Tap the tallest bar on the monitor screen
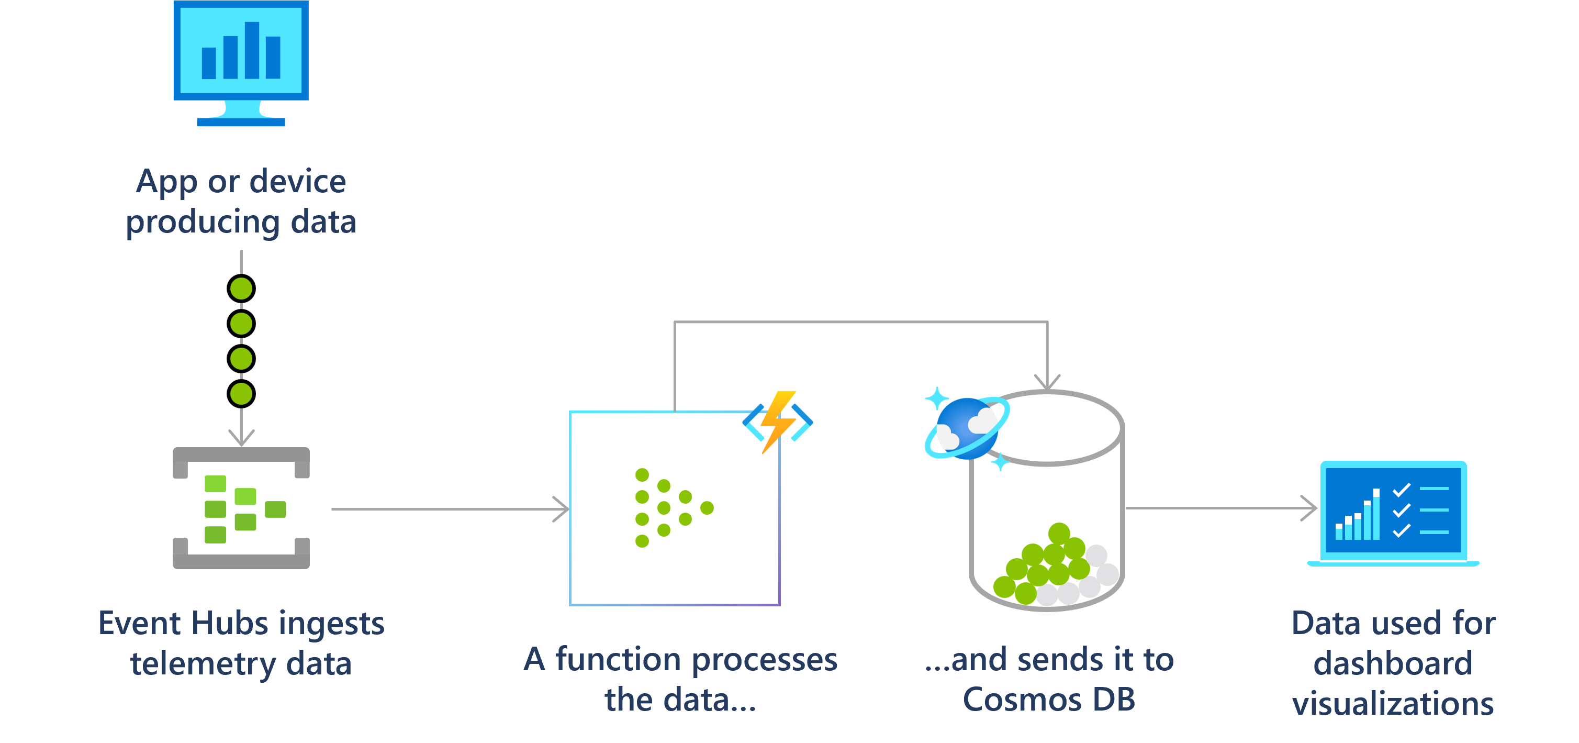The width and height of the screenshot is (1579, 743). tap(252, 50)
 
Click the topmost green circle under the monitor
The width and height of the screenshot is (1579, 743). tap(241, 289)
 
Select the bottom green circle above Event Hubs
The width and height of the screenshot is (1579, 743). tap(241, 394)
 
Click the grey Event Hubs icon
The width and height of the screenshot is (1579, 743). tap(241, 508)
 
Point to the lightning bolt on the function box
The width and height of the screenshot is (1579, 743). tap(778, 422)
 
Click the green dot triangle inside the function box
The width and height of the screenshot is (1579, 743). tap(671, 507)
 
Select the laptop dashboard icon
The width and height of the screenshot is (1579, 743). tap(1393, 513)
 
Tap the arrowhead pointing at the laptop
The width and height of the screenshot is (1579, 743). tap(1311, 508)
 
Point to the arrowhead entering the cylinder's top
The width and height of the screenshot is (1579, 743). tap(1047, 383)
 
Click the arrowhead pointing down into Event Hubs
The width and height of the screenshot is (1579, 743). tap(241, 438)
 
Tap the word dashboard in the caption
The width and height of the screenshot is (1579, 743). tap(1393, 663)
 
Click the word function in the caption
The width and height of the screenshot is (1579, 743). tap(618, 660)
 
